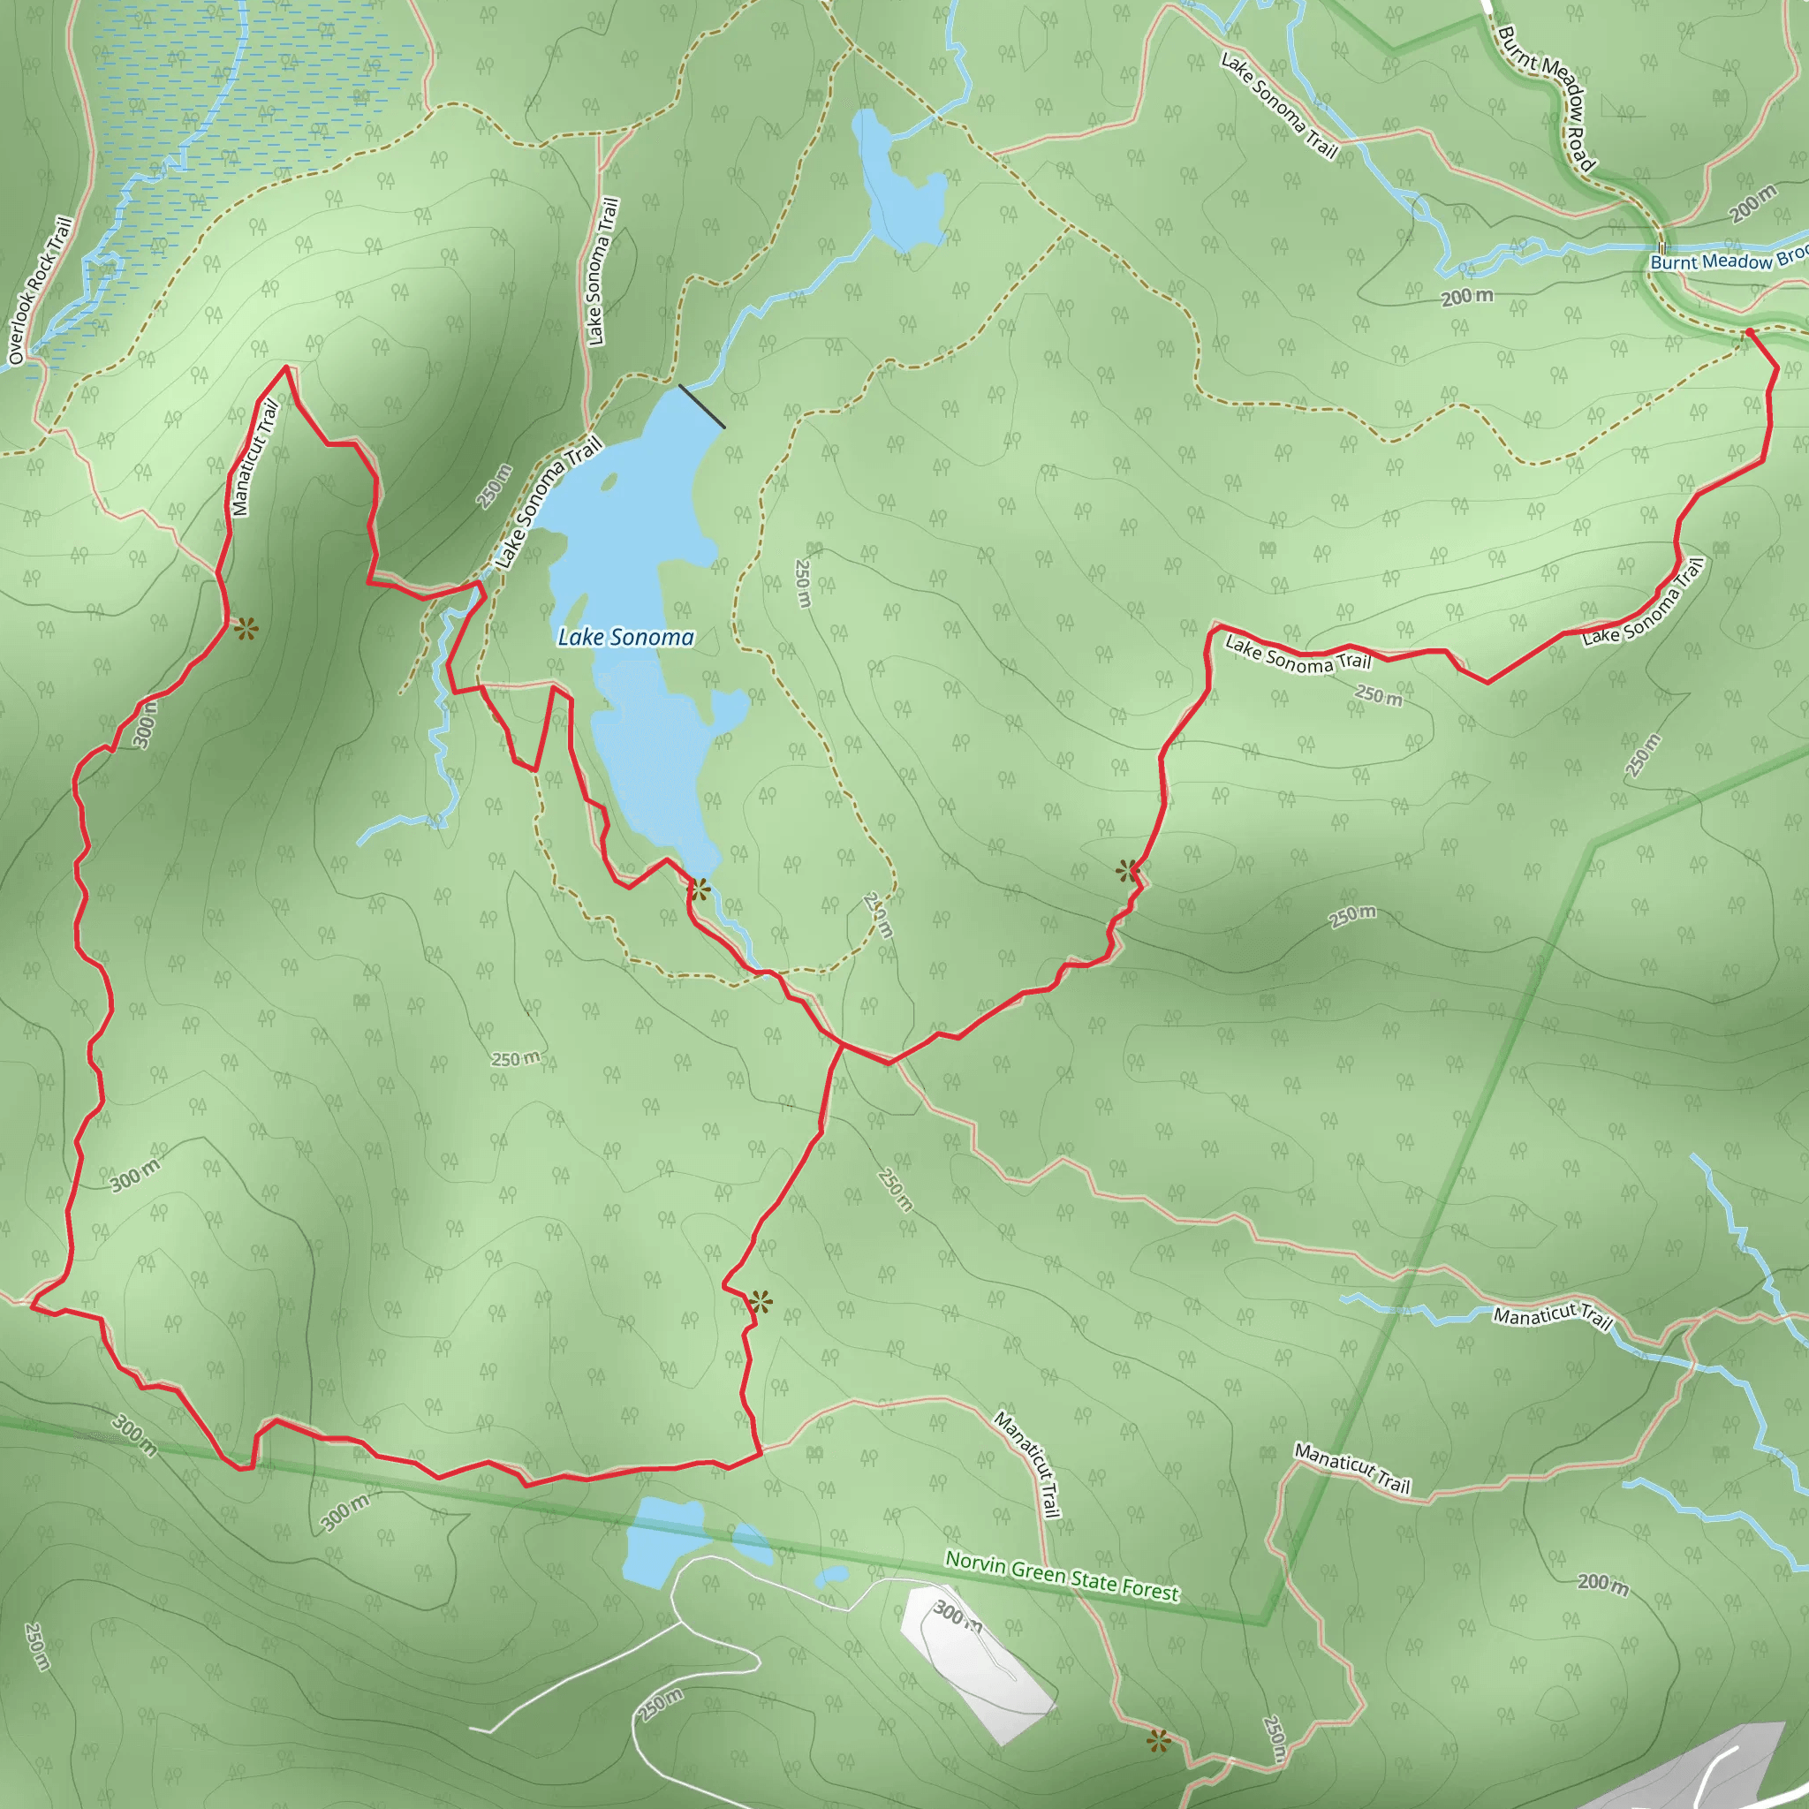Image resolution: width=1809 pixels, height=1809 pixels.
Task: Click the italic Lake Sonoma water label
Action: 625,638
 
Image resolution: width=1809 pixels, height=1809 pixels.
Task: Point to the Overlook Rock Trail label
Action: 40,291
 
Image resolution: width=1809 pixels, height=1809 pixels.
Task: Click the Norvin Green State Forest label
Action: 1062,1576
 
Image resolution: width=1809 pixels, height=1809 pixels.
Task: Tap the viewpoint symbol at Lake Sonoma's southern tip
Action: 700,889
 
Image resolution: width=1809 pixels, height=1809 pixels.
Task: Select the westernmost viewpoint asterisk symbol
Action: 246,628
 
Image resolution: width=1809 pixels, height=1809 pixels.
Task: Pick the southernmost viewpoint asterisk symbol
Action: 1158,1742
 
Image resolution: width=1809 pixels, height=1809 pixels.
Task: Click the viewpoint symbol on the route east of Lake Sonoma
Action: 1128,871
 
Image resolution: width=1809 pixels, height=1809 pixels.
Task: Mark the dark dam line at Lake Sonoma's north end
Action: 701,406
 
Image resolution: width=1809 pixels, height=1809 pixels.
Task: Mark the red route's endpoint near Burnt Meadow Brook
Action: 1748,331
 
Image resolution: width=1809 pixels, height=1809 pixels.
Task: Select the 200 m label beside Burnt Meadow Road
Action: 1752,204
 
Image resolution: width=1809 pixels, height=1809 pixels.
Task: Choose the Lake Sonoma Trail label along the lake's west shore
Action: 549,503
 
